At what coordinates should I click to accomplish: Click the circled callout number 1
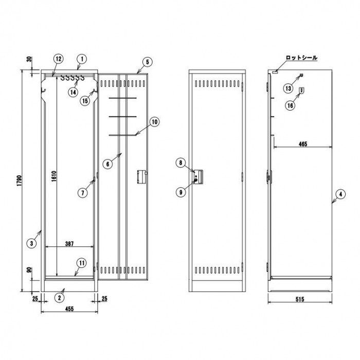[x=82, y=59]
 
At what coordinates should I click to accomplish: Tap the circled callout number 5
[x=147, y=62]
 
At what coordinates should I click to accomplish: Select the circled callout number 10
[x=155, y=122]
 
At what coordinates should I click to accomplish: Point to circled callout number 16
[x=290, y=105]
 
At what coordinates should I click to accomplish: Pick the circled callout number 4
[x=340, y=194]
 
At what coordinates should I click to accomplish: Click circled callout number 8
[x=181, y=163]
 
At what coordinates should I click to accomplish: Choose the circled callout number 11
[x=82, y=263]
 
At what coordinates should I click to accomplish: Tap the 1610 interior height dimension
[x=53, y=176]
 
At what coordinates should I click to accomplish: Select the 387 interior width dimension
[x=69, y=243]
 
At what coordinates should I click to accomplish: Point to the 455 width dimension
[x=69, y=309]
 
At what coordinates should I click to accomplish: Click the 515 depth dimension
[x=300, y=299]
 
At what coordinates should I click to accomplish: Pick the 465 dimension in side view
[x=303, y=144]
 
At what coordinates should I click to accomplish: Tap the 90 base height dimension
[x=29, y=270]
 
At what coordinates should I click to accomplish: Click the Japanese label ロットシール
[x=301, y=58]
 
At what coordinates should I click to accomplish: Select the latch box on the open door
[x=142, y=177]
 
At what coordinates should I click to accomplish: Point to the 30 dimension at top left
[x=29, y=59]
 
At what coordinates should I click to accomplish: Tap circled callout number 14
[x=73, y=92]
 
